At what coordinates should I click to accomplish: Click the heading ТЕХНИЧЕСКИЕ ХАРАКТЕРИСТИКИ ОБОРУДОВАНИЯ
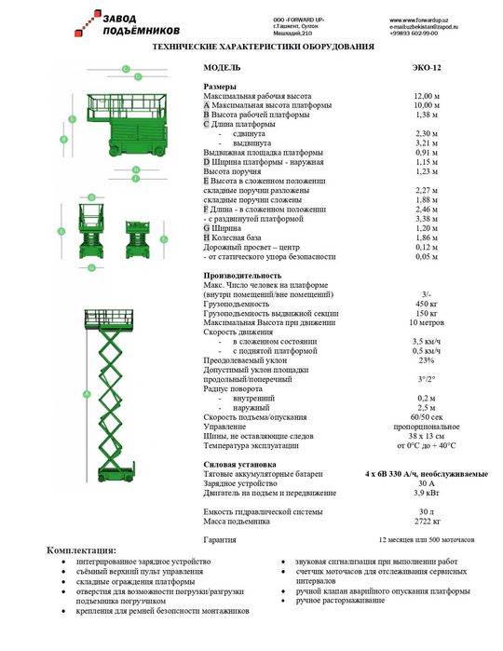point(263,45)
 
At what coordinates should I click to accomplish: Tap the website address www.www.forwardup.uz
point(418,20)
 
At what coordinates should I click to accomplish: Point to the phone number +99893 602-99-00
point(414,33)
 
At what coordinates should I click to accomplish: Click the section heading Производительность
point(242,276)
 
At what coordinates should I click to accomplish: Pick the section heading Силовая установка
point(239,464)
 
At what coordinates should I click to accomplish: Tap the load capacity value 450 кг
point(427,304)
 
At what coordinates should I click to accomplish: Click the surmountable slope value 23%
point(427,359)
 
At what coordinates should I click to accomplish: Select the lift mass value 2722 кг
point(427,520)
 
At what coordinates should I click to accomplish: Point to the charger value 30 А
point(427,483)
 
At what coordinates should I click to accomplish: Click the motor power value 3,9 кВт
point(427,493)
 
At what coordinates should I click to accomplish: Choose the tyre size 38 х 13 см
point(427,436)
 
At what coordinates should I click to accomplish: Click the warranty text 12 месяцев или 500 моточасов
point(426,540)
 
